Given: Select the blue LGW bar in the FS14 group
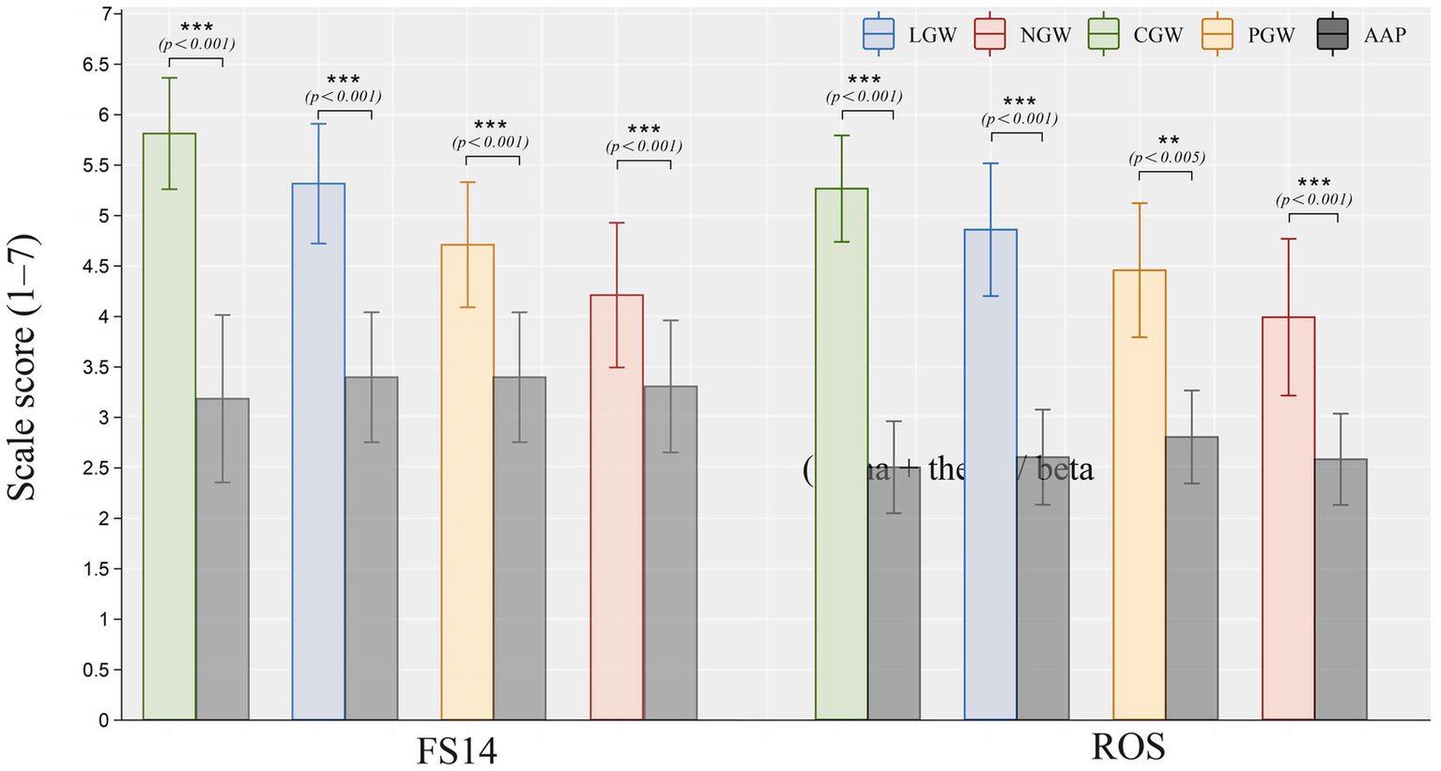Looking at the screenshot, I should click(x=318, y=452).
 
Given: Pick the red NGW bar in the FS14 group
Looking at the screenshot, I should click(x=617, y=507).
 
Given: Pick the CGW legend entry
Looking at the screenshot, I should click(x=1135, y=36).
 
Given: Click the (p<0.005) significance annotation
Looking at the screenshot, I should click(x=1167, y=158).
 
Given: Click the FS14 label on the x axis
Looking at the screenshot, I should click(x=456, y=750).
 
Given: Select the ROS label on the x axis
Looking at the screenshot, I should click(x=1127, y=748).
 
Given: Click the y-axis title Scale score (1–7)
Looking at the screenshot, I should click(x=23, y=367).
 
